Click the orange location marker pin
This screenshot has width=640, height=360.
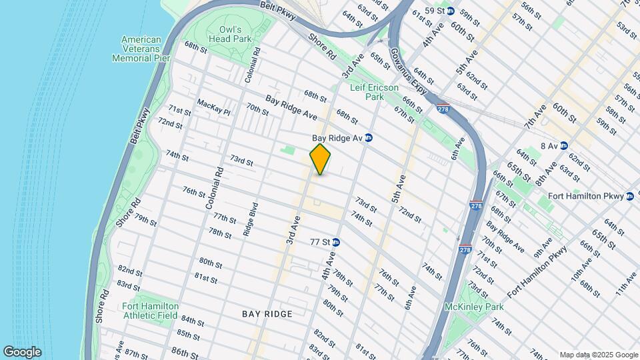pos(321,159)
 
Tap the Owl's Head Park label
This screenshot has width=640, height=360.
pos(239,34)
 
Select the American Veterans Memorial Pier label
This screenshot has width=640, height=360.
pos(141,49)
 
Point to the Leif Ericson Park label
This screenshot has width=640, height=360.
pos(374,92)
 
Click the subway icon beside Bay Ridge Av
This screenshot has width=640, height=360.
pos(368,138)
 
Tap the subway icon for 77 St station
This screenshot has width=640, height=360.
pos(336,243)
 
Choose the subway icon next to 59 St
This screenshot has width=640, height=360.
pos(450,11)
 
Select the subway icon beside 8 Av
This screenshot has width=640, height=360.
pos(563,145)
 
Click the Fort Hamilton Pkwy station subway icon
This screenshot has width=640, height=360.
pos(630,196)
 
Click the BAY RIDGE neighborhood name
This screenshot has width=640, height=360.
pos(267,313)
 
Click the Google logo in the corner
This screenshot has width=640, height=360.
pos(22,351)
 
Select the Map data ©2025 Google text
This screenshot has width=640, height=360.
pos(598,354)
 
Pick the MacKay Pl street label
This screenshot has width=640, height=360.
pos(213,107)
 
